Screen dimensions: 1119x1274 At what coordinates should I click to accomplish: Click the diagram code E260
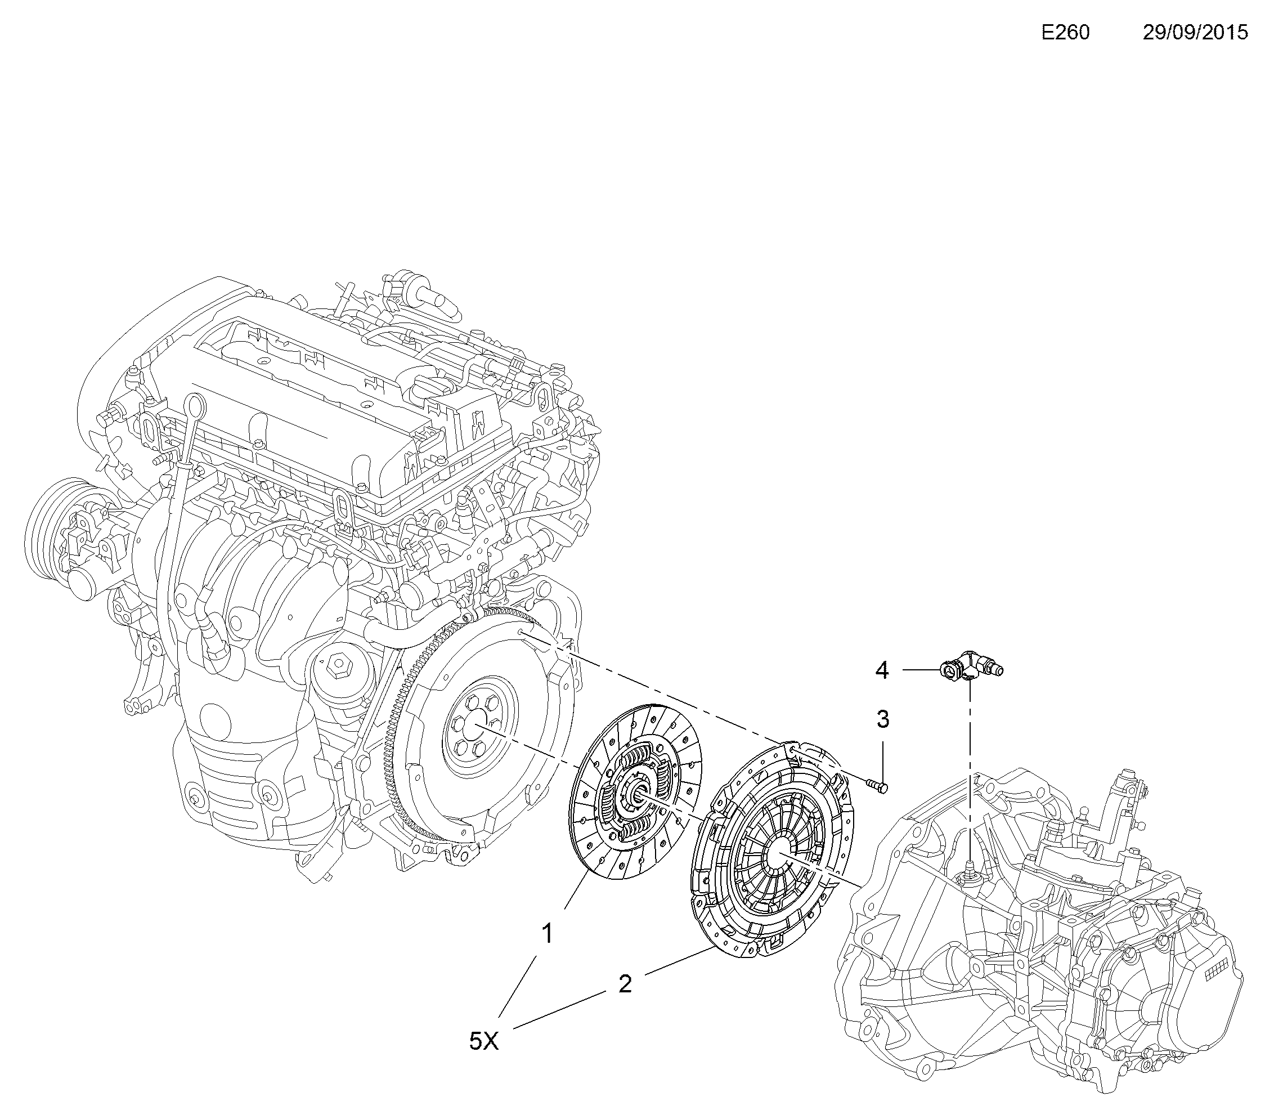click(1065, 33)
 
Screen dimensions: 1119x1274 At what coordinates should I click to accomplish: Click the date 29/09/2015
click(1195, 33)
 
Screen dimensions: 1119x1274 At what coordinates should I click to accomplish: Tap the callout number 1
click(546, 934)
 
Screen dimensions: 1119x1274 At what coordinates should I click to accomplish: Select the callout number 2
click(625, 984)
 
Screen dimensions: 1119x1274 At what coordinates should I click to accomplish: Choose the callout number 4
click(881, 670)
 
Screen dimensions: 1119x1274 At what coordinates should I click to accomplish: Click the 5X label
click(485, 1041)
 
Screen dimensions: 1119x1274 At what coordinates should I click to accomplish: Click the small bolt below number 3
click(878, 786)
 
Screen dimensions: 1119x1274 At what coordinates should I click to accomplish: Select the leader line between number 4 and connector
click(921, 670)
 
